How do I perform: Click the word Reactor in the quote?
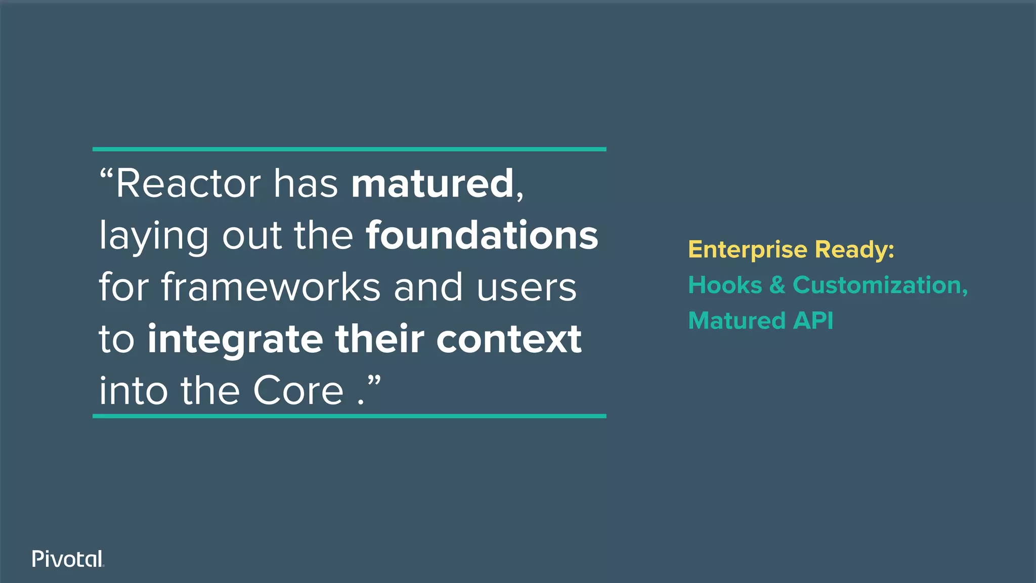(188, 183)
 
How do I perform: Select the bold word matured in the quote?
(433, 183)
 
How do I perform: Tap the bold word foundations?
(482, 235)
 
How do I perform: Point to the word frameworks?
(271, 287)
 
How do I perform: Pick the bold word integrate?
(235, 340)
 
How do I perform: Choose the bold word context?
(509, 339)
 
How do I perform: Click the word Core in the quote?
(298, 391)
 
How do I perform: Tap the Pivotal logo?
(68, 559)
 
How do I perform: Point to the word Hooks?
(724, 285)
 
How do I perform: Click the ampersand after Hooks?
(777, 285)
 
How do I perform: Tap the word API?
(813, 321)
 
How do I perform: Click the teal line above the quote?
(349, 149)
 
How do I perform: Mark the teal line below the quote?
(349, 416)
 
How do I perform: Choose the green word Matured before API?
(737, 321)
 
